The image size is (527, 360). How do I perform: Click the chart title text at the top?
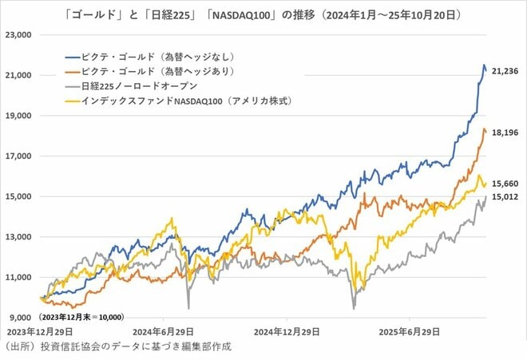[x=263, y=14]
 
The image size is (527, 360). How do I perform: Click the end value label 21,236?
[x=506, y=71]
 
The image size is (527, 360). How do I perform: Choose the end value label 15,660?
[x=506, y=183]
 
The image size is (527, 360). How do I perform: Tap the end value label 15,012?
[x=506, y=196]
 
